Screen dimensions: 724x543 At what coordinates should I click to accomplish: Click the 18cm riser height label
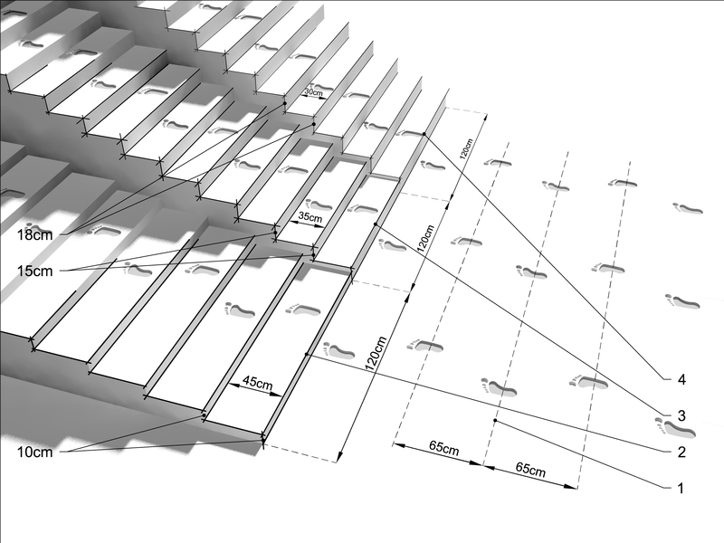click(34, 235)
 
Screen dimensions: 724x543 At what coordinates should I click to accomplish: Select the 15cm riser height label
click(34, 271)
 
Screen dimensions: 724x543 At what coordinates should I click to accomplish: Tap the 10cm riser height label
click(34, 452)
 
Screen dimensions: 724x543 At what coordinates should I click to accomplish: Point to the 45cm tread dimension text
click(258, 383)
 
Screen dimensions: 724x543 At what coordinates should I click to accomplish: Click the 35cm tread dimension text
click(310, 216)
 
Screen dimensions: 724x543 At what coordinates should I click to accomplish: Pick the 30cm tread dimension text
click(313, 93)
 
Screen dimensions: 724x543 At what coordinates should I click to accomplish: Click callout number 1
click(680, 488)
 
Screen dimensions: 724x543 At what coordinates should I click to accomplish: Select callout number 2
click(681, 452)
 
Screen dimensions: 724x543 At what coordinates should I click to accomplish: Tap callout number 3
click(681, 415)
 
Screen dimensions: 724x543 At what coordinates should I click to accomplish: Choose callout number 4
click(681, 380)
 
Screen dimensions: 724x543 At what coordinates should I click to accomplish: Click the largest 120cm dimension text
click(376, 354)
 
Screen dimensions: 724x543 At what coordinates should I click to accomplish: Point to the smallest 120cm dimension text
click(466, 148)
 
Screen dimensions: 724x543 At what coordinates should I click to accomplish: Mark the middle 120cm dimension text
click(425, 238)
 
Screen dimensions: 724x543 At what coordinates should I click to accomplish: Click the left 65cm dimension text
click(443, 448)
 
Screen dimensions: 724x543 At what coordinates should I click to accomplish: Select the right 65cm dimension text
click(530, 470)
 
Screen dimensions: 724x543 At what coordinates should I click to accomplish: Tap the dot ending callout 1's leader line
click(495, 420)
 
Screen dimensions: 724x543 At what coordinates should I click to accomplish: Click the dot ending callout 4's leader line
click(424, 134)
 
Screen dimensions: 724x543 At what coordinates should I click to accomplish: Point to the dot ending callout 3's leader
click(376, 224)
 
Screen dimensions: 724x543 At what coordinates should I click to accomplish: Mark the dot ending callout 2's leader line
click(307, 354)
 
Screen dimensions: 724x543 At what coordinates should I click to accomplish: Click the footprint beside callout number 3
click(674, 427)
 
